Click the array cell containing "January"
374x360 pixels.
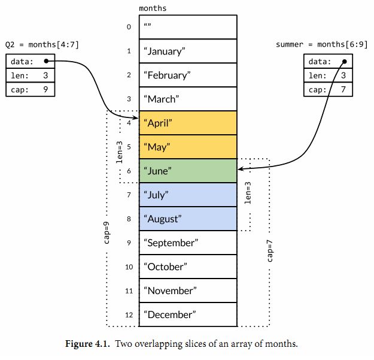click(x=188, y=51)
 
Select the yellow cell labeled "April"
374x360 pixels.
click(x=188, y=123)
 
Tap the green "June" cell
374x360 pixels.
click(x=188, y=171)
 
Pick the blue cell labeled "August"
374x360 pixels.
click(x=188, y=219)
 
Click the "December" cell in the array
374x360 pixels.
click(x=188, y=314)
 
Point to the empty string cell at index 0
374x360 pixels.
click(x=188, y=27)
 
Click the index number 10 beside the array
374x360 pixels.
click(x=129, y=267)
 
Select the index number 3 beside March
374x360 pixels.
click(x=129, y=99)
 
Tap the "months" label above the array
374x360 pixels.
click(x=153, y=8)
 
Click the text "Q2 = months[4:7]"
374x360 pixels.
click(x=42, y=45)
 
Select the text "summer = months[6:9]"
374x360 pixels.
click(x=322, y=45)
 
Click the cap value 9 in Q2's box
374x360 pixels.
click(x=45, y=89)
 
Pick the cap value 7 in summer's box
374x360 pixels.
click(x=343, y=89)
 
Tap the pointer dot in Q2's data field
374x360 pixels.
click(x=46, y=61)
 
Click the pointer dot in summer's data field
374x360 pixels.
click(x=345, y=62)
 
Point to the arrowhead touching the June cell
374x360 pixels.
click(x=240, y=169)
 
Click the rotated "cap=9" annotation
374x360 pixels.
click(x=107, y=233)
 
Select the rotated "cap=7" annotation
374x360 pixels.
click(x=270, y=250)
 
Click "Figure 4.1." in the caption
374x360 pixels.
click(x=87, y=344)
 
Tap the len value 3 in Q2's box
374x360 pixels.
click(x=45, y=75)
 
